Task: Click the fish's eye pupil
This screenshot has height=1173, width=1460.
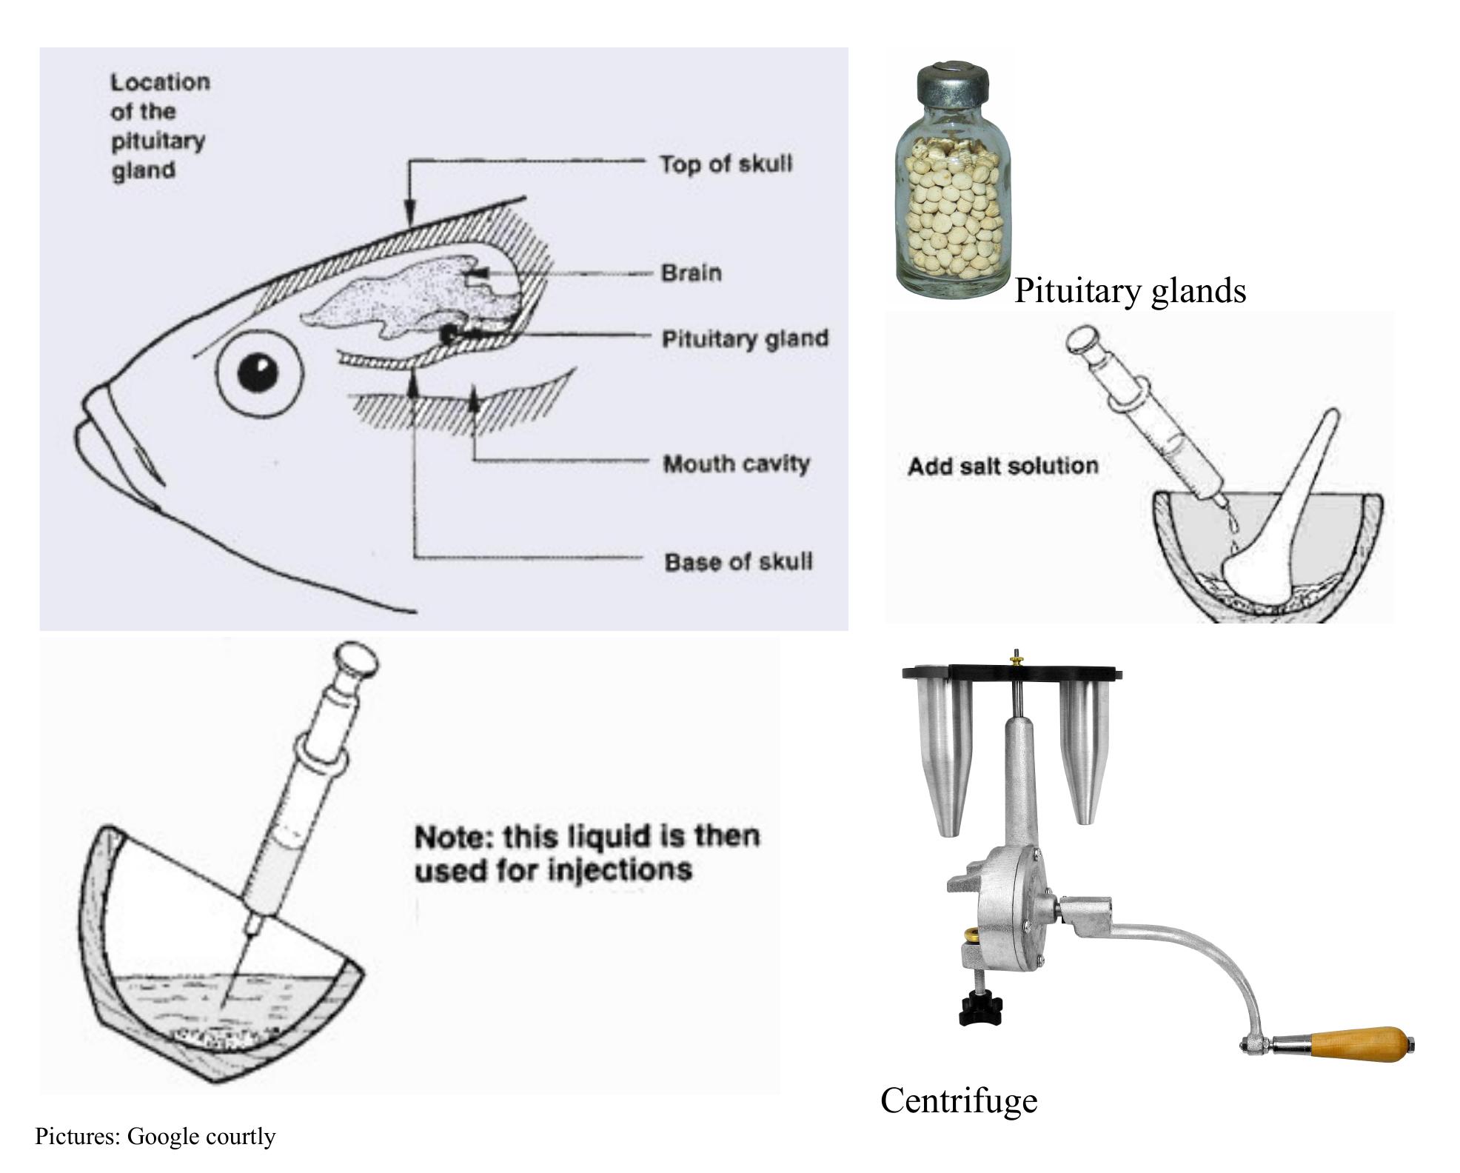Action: [x=258, y=371]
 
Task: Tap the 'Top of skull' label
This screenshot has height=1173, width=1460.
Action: [x=726, y=164]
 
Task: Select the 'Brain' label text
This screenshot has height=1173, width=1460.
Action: [x=691, y=273]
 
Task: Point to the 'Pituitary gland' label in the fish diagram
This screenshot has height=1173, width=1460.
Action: [x=745, y=338]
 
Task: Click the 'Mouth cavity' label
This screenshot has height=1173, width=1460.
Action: [x=736, y=464]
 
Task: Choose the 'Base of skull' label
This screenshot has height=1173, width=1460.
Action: [x=738, y=561]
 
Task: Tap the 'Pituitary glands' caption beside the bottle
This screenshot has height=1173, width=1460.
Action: [x=1130, y=290]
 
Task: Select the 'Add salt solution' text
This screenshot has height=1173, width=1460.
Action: [x=1002, y=466]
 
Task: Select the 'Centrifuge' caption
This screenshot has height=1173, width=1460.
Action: [x=959, y=1100]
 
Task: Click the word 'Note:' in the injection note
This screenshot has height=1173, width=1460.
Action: [x=453, y=837]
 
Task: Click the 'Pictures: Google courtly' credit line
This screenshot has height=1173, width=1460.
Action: [x=155, y=1136]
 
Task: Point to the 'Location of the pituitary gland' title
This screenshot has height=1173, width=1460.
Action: [x=160, y=126]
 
